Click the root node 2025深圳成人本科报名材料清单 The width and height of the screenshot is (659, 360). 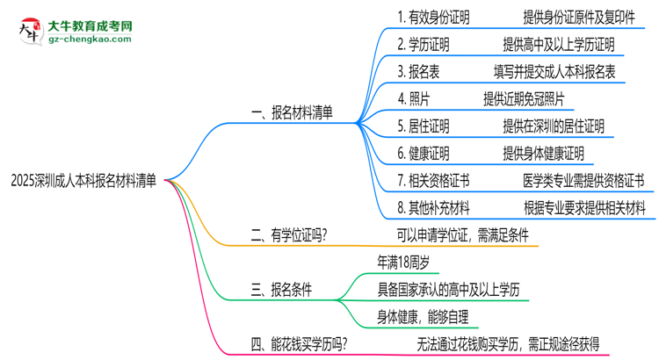(84, 181)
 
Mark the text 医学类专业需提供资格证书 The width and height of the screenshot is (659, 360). (583, 181)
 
